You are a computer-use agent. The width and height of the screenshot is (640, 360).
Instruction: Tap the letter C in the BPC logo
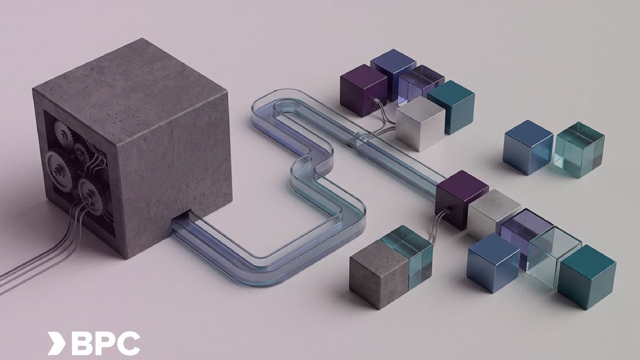tap(129, 343)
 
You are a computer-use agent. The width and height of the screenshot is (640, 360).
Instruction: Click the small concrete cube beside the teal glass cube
tap(379, 274)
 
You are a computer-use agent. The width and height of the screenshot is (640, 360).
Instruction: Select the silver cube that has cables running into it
tap(420, 123)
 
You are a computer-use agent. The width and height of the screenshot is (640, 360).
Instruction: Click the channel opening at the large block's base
tap(181, 219)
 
